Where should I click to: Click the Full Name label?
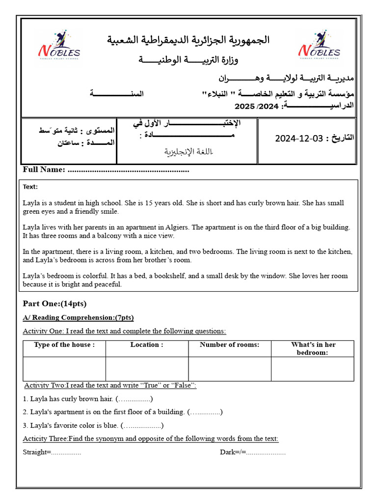pos(44,170)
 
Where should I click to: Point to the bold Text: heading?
pos(30,187)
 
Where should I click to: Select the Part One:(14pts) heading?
pos(54,304)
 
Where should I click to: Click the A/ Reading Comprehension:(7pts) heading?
pos(79,317)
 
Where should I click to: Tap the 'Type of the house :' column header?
pos(64,345)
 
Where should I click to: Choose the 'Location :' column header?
pos(147,345)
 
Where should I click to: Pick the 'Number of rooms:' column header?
pos(229,345)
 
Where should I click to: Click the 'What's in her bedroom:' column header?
pos(312,348)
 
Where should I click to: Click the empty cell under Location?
pos(147,369)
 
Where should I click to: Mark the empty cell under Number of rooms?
pos(229,369)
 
